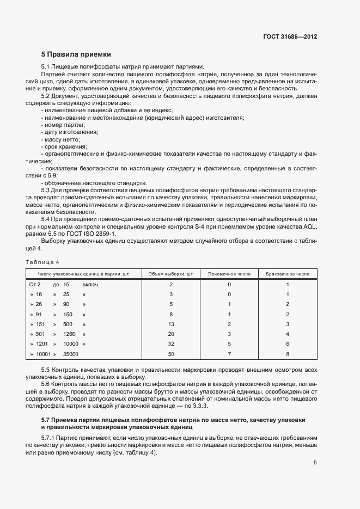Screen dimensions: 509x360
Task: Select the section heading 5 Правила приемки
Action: pyautogui.click(x=76, y=54)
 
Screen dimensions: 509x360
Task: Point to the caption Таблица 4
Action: pyautogui.click(x=44, y=262)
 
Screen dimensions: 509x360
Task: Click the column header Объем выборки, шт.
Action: pyautogui.click(x=171, y=273)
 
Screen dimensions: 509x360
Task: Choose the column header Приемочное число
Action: pyautogui.click(x=229, y=273)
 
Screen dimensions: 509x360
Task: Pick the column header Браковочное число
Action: pyautogui.click(x=287, y=273)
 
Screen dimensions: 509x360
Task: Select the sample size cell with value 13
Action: pyautogui.click(x=171, y=324)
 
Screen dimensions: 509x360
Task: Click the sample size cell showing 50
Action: pyautogui.click(x=171, y=354)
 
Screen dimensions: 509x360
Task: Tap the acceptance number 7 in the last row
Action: pyautogui.click(x=229, y=354)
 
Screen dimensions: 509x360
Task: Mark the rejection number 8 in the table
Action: pyautogui.click(x=287, y=354)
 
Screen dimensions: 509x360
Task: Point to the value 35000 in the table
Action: pyautogui.click(x=71, y=354)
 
